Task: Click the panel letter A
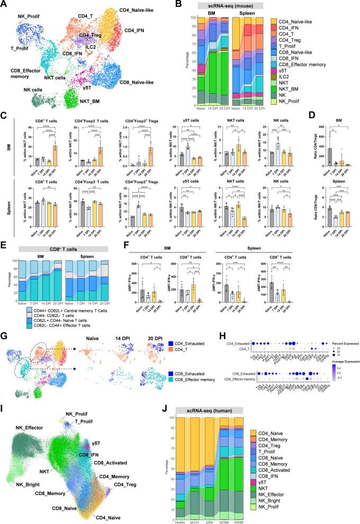[x=4, y=4]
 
